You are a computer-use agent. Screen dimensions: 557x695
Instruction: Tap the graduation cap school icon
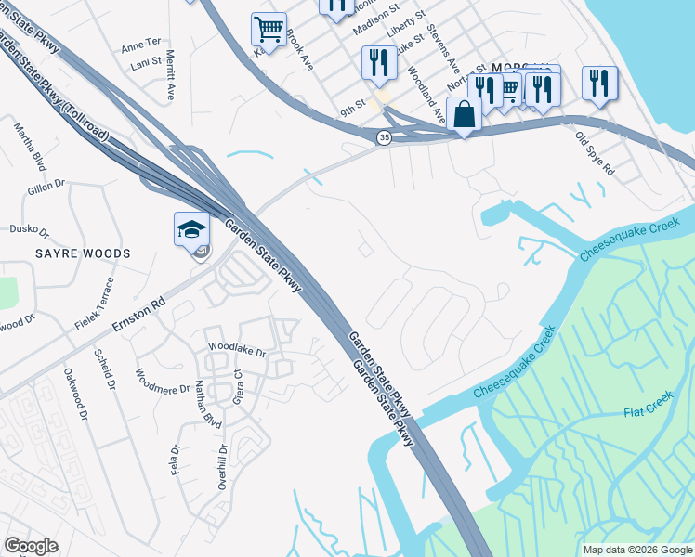tap(191, 229)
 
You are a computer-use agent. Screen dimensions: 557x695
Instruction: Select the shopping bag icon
tap(464, 114)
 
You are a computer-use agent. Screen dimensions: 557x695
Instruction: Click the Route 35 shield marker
tap(384, 137)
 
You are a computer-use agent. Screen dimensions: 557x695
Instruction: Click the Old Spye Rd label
tap(595, 155)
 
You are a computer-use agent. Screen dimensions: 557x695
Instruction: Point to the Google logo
tap(31, 546)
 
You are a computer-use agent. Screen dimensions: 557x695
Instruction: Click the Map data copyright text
tap(636, 550)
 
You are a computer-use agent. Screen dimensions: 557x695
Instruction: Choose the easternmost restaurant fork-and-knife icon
tap(600, 83)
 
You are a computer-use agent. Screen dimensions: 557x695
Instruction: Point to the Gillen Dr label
tap(46, 189)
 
